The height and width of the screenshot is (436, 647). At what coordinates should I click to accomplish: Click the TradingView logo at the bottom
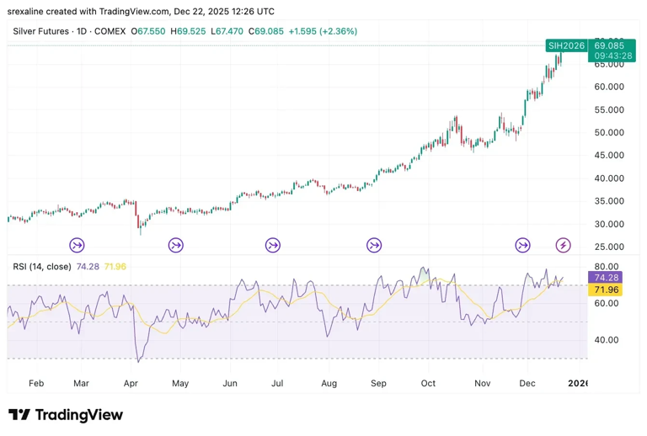[x=65, y=415]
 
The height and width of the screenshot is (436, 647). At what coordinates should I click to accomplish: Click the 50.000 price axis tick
[x=609, y=133]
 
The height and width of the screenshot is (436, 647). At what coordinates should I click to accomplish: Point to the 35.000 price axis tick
[x=609, y=202]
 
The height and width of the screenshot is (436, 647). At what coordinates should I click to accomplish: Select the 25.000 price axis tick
[x=609, y=247]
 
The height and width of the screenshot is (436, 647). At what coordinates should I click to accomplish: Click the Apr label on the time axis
[x=131, y=383]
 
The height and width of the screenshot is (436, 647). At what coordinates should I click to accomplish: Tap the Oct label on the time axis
[x=429, y=383]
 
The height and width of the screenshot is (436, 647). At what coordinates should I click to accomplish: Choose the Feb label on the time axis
[x=35, y=383]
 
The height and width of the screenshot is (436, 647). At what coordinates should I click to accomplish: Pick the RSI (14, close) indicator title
[x=42, y=266]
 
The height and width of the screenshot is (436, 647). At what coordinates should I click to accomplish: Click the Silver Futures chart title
[x=43, y=31]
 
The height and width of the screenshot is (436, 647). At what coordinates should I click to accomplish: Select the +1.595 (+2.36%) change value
[x=323, y=31]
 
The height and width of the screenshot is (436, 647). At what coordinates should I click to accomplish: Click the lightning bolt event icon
[x=564, y=246]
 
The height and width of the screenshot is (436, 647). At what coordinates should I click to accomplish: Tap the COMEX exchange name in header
[x=110, y=31]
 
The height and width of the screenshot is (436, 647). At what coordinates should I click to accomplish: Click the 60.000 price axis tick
[x=609, y=87]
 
